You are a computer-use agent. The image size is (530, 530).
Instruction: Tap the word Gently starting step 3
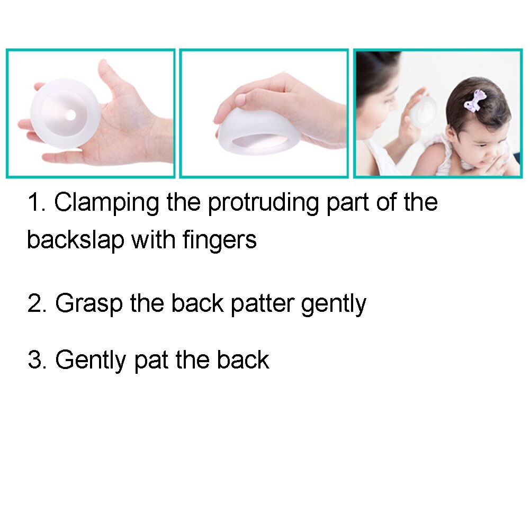[91, 361]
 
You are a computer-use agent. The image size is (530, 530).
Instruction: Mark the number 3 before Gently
[35, 361]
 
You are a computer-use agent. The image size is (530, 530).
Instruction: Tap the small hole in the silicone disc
[69, 115]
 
